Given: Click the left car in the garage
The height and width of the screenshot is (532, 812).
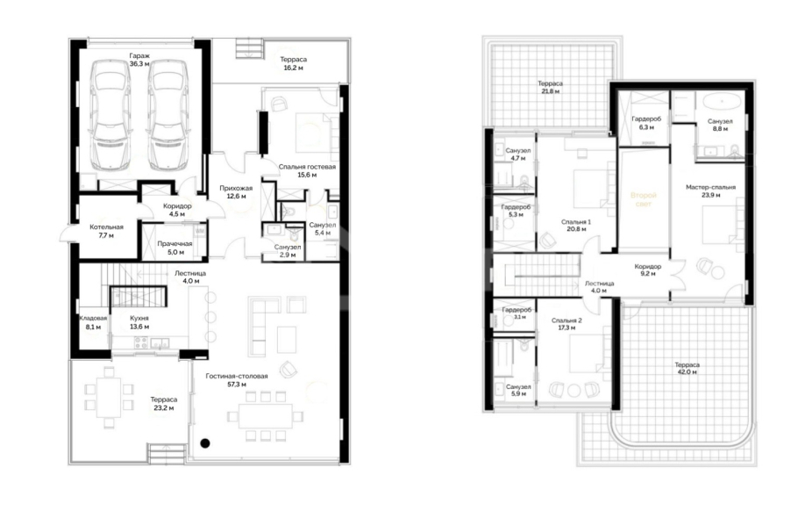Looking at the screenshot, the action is (x=110, y=115).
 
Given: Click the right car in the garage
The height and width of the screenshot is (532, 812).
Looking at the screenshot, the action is (x=167, y=115).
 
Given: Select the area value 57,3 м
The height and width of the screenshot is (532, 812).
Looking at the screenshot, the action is (x=236, y=385).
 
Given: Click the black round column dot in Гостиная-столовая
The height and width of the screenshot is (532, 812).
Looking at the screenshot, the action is (x=205, y=442).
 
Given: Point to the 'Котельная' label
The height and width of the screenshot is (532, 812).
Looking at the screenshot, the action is (x=106, y=227).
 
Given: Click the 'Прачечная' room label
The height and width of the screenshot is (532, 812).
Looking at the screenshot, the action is (x=175, y=244).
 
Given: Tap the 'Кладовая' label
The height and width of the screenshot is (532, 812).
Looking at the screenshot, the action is (x=93, y=319).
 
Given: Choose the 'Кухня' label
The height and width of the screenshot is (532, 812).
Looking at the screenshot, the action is (x=139, y=319).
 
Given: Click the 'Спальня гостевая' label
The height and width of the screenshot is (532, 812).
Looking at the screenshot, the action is (x=307, y=167).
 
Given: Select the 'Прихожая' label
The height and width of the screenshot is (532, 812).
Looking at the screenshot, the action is (x=236, y=188).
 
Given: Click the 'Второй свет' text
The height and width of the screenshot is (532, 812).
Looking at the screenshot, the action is (x=644, y=199).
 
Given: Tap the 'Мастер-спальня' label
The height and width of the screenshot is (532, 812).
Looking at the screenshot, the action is (x=710, y=187).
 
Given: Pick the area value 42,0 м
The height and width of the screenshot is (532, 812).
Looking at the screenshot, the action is (x=687, y=371).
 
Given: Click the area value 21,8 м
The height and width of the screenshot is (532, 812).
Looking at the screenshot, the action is (x=550, y=91).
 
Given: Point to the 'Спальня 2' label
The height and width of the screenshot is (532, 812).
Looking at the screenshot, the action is (x=566, y=320).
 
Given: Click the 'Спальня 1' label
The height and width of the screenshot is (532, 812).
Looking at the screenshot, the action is (x=576, y=222).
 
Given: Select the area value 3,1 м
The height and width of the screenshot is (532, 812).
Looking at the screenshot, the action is (x=520, y=317).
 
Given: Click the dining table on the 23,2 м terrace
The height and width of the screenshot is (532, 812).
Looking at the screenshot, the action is (x=109, y=397).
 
